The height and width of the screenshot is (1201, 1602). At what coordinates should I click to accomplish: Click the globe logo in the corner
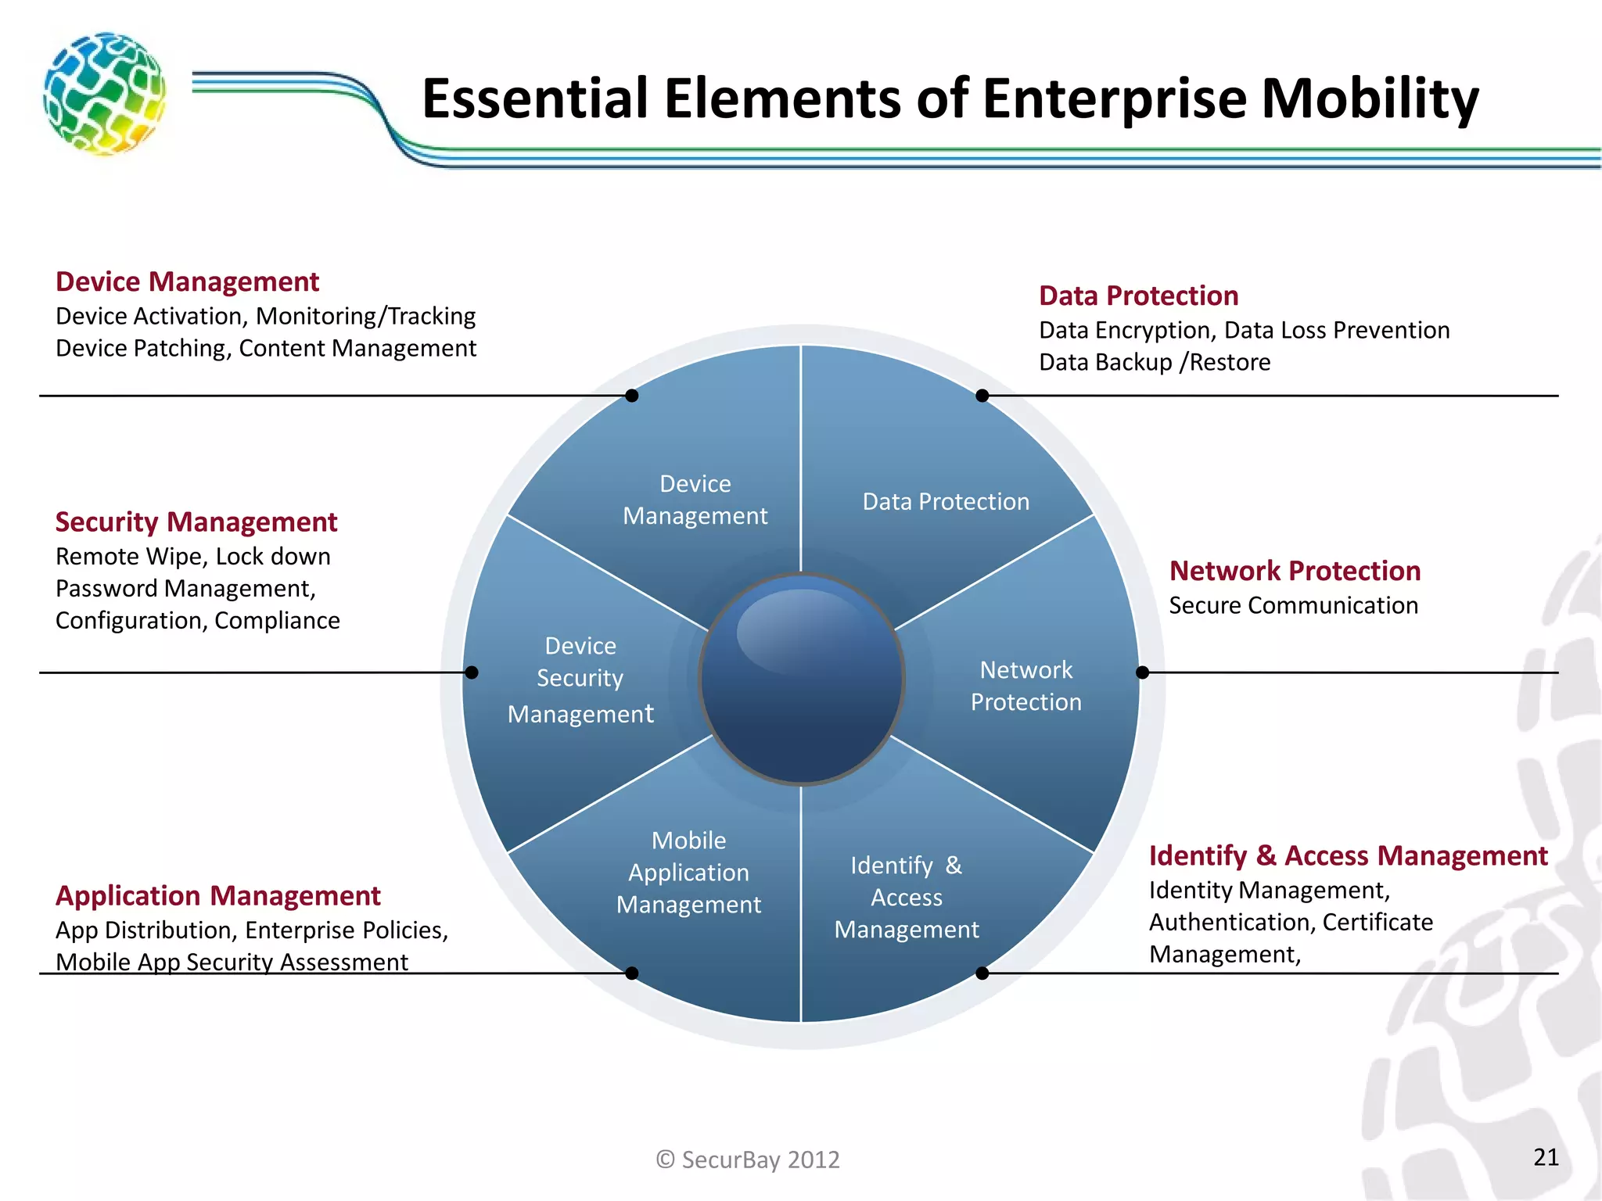pos(104,94)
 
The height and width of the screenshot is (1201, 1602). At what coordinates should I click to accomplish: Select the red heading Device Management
pos(187,281)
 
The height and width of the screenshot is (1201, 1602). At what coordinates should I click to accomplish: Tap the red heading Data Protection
pos(1138,296)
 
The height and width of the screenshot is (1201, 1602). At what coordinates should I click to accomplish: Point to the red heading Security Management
pos(196,522)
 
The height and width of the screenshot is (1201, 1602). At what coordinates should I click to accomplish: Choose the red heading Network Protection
pos(1295,571)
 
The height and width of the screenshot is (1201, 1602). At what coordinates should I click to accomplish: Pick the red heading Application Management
pos(217,895)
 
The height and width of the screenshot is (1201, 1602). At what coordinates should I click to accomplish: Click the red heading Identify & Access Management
pos(1348,855)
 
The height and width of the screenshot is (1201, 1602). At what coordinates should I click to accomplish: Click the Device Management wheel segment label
pos(695,500)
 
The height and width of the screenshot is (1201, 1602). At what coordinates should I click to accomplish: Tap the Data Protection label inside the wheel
pos(946,501)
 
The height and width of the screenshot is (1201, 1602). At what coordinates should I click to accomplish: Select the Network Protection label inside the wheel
pos(1025,686)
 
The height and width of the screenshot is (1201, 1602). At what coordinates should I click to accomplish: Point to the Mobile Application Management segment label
pos(688,872)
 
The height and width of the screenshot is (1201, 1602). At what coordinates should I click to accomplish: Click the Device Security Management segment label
pos(580,679)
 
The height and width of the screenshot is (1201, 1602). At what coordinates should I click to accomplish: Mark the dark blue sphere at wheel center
pos(802,679)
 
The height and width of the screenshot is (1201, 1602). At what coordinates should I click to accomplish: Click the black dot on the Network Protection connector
pos(1142,672)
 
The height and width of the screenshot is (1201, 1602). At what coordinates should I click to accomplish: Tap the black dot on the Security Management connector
pos(472,672)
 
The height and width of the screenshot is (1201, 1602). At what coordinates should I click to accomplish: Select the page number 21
pos(1546,1157)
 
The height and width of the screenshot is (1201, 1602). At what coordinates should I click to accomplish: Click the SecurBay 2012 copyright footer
pos(748,1159)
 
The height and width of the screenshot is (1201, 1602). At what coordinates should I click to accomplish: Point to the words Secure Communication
pos(1293,605)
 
